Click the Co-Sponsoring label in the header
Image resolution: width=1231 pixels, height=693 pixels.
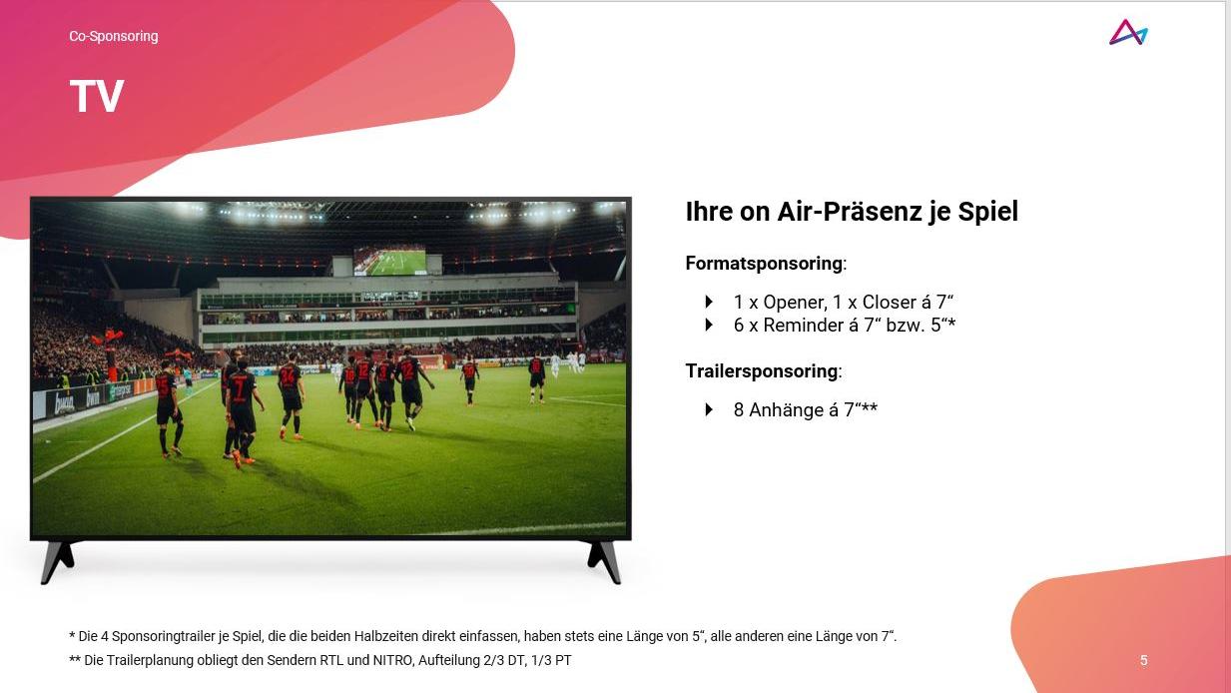[x=113, y=36]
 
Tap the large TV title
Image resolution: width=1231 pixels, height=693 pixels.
[x=97, y=97]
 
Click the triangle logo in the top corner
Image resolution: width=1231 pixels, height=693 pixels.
[x=1128, y=32]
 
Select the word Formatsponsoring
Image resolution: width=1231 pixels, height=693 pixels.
[x=764, y=264]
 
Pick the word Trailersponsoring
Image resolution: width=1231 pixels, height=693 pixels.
[x=762, y=370]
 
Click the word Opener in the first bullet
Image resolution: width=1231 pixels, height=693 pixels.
[x=794, y=303]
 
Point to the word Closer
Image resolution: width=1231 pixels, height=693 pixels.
[x=890, y=303]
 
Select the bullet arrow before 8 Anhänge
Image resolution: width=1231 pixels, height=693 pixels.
[x=709, y=410]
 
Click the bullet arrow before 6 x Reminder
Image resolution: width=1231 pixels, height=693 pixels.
[x=709, y=325]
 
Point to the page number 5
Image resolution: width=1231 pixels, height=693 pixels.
[x=1143, y=661]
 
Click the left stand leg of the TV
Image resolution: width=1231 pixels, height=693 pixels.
[x=56, y=560]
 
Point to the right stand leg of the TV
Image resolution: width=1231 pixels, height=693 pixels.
[x=604, y=560]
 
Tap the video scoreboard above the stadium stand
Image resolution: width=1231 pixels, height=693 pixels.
[x=390, y=260]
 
